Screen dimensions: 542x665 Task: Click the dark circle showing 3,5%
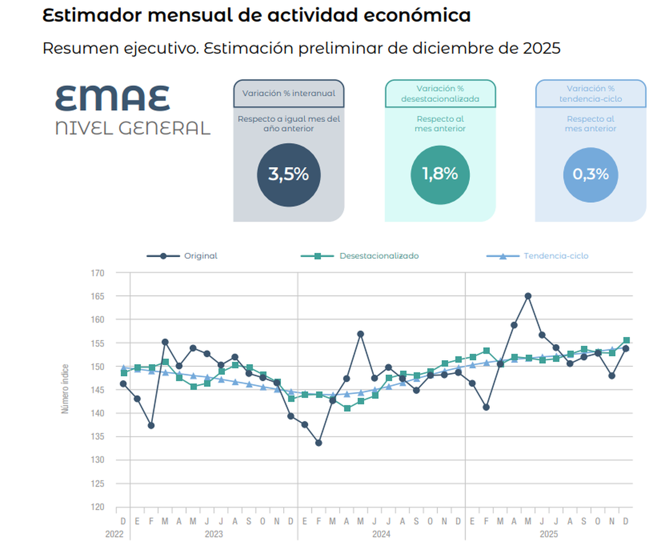coord(288,175)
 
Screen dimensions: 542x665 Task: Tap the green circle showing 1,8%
coord(440,175)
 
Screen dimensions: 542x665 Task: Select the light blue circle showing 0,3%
coord(590,175)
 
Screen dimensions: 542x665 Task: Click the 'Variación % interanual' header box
coord(289,93)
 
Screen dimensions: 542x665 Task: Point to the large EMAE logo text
coord(112,99)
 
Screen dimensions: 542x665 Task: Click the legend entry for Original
coord(182,256)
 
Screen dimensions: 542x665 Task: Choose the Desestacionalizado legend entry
coord(360,256)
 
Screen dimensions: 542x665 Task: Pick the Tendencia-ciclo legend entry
coord(537,256)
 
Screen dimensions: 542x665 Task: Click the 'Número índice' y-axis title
coord(65,389)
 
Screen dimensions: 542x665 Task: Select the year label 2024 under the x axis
coord(381,534)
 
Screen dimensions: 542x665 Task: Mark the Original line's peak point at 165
coord(528,296)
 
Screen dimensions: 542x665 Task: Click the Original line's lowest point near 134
coord(319,443)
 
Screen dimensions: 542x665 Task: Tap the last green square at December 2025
coord(626,340)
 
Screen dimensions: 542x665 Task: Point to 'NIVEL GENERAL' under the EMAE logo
coord(133,128)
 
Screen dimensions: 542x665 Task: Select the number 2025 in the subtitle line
coord(541,48)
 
